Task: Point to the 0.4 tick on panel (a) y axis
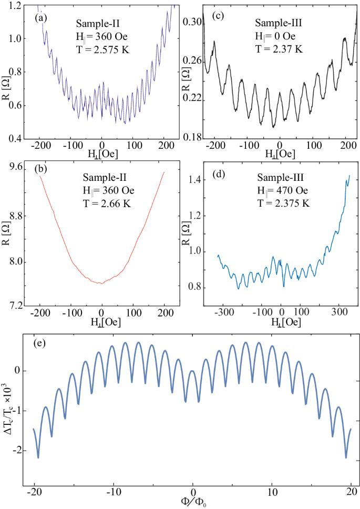(14, 139)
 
